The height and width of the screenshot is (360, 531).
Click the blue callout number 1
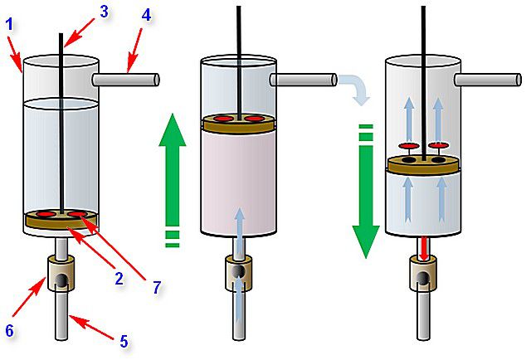pos(10,25)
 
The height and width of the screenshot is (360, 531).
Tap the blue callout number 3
pos(104,12)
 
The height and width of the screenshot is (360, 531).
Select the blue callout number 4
pos(146,15)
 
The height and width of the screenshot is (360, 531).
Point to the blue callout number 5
pos(124,342)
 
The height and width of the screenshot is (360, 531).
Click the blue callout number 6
pos(9,330)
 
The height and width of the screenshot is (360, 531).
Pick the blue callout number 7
pos(157,287)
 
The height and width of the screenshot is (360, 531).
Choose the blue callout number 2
pos(119,279)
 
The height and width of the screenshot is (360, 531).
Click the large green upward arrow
pos(173,179)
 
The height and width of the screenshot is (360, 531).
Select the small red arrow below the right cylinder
pos(423,249)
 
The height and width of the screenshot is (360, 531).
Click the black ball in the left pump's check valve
pos(62,280)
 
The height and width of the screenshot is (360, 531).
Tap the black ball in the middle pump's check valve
pos(239,271)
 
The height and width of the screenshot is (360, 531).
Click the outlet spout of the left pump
pos(125,80)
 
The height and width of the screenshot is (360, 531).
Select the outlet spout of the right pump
pos(488,80)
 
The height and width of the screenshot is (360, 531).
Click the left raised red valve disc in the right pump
pos(409,146)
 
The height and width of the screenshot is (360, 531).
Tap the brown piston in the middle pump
pos(239,123)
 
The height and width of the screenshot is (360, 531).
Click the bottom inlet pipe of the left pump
pos(62,314)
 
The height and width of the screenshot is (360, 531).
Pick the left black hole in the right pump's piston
pos(409,159)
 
